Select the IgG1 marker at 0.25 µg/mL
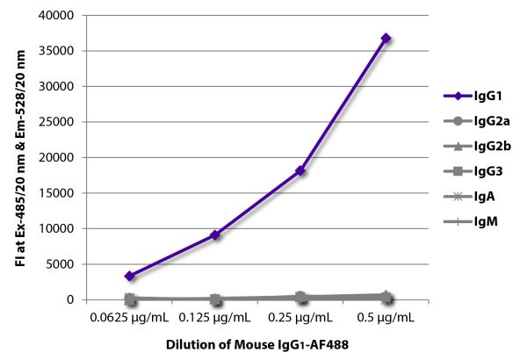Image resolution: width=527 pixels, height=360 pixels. [300, 170]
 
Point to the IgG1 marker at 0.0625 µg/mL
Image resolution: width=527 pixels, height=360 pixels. [130, 276]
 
